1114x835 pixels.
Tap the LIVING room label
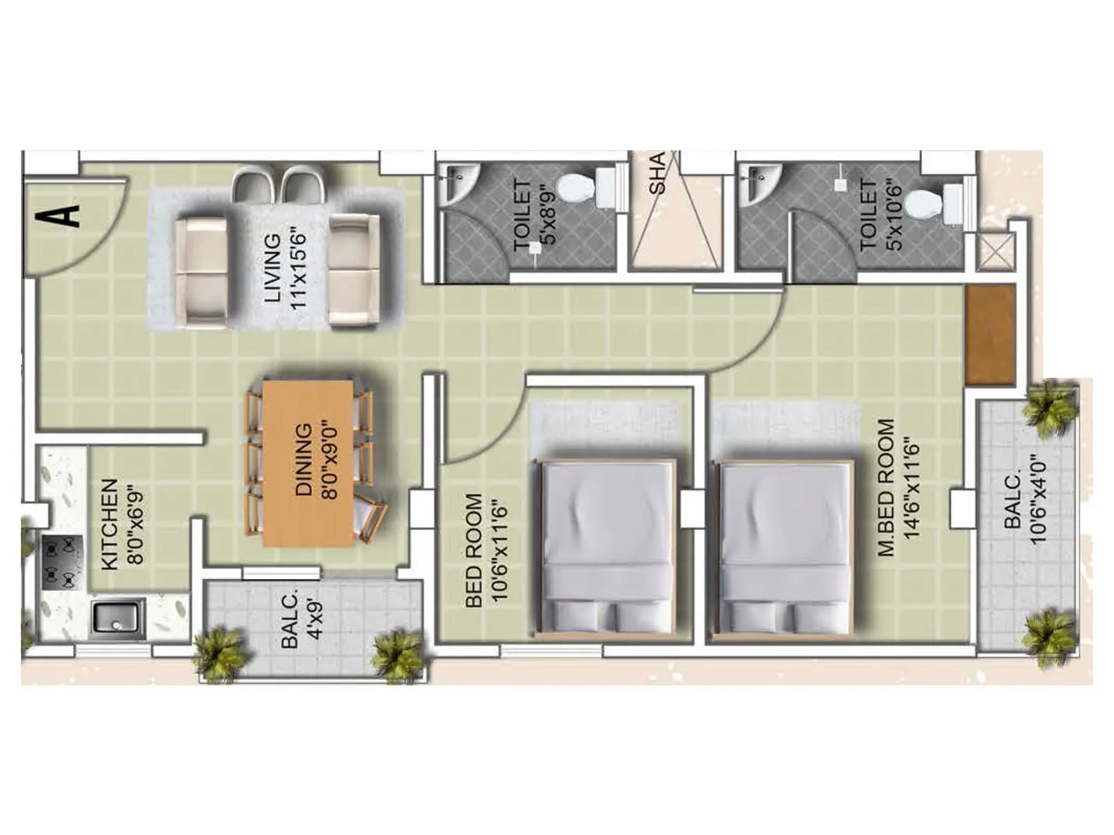[x=273, y=268]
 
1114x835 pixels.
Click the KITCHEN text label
[x=109, y=525]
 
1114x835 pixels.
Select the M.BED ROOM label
[x=886, y=487]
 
